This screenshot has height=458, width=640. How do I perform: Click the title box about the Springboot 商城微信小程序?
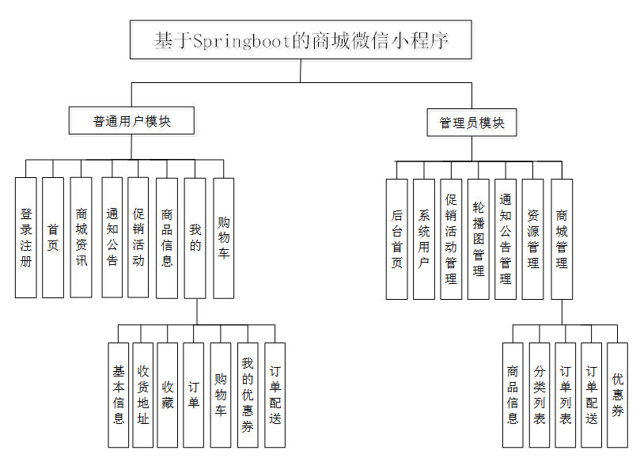pos(301,40)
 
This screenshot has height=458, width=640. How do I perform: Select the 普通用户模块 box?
pos(131,121)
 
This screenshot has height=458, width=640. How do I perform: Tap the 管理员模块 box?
pos(471,123)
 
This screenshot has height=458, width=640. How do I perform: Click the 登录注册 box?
pos(26,237)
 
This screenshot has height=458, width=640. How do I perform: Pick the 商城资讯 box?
pos(81,237)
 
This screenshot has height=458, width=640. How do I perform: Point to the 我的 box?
pos(195,237)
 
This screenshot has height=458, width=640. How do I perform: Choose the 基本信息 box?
pos(118,395)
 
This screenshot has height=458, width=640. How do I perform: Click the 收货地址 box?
pos(142,395)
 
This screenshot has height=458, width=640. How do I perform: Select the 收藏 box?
pos(167,395)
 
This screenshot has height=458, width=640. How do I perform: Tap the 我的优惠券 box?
pos(248,395)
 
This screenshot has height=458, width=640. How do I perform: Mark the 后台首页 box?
pos(397,239)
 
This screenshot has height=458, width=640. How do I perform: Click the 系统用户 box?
pos(424,239)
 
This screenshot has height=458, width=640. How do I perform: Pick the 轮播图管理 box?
pos(478,239)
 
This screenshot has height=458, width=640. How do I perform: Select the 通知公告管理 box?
pos(506,239)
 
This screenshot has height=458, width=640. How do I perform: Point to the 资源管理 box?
pos(533,239)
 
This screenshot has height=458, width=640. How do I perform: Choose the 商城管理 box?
pos(562,239)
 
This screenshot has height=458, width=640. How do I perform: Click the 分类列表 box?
pos(539,395)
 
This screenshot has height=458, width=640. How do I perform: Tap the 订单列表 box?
pos(565,395)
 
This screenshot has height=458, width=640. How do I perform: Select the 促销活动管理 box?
pos(451,239)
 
